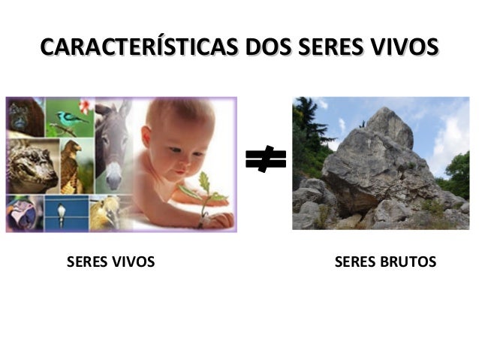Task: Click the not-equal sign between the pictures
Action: tap(265, 159)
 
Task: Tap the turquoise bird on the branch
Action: tap(70, 118)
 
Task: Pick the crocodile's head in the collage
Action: tap(30, 165)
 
